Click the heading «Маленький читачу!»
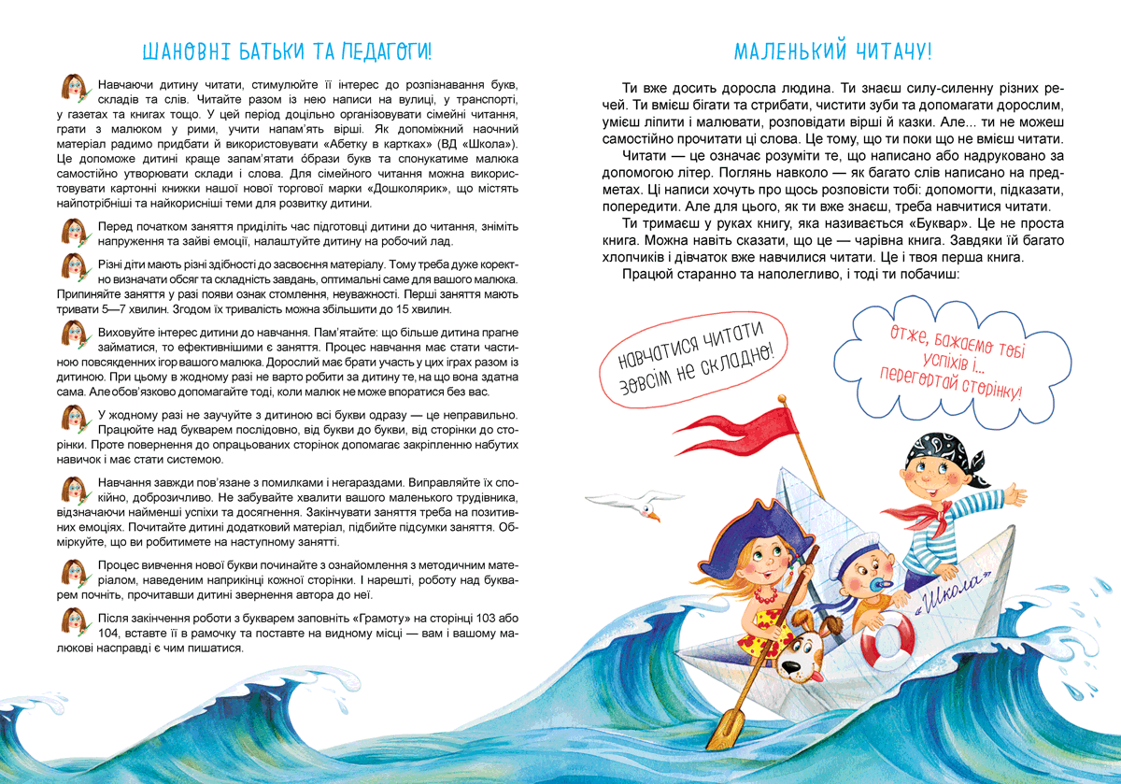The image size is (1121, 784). (832, 50)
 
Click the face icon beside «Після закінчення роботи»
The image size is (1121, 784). (73, 620)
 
